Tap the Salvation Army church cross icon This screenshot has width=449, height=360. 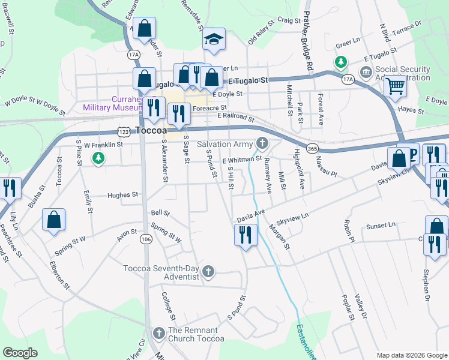pyautogui.click(x=262, y=143)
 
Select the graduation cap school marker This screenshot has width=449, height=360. pyautogui.click(x=213, y=40)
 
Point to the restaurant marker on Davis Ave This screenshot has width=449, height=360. pyautogui.click(x=246, y=235)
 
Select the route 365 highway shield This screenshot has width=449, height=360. pyautogui.click(x=311, y=148)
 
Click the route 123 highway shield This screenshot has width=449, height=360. pyautogui.click(x=124, y=131)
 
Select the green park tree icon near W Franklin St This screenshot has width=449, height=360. pyautogui.click(x=98, y=158)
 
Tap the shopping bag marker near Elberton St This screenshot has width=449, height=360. pyautogui.click(x=54, y=220)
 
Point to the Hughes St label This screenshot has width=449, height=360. pyautogui.click(x=122, y=195)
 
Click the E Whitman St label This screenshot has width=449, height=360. pyautogui.click(x=242, y=160)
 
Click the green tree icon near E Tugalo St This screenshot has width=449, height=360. pyautogui.click(x=340, y=62)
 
